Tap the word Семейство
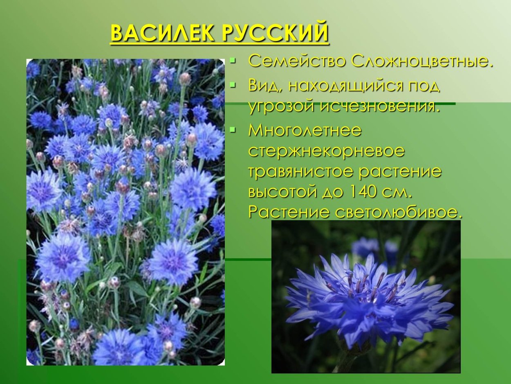tap(297, 61)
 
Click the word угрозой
tap(282, 106)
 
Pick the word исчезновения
tap(380, 106)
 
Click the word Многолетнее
tap(305, 130)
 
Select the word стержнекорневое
tap(326, 151)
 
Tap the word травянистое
tap(300, 171)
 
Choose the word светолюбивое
tap(399, 212)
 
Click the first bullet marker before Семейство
tap(233, 61)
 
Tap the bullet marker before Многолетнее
tap(233, 130)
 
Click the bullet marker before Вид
tap(233, 85)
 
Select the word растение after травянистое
tap(401, 171)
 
